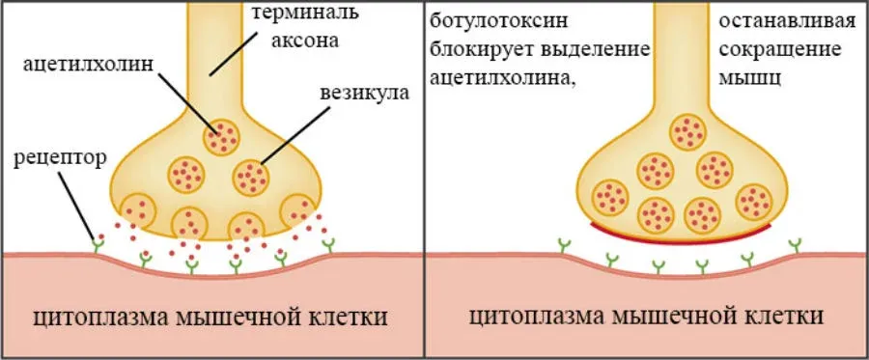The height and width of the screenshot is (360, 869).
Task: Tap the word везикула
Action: [x=364, y=92]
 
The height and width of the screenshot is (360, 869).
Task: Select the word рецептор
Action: [x=59, y=159]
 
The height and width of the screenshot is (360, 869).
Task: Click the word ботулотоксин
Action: [x=499, y=22]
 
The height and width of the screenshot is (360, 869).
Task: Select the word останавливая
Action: [x=788, y=22]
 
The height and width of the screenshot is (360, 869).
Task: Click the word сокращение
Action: [x=780, y=50]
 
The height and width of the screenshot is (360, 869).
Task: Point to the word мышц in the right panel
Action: [x=750, y=78]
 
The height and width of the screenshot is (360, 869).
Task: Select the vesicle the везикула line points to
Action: [x=251, y=178]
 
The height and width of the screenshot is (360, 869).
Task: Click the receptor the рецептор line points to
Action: [x=98, y=242]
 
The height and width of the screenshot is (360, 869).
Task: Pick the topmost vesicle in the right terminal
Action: [x=688, y=131]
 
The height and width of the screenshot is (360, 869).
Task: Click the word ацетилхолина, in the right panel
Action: [x=501, y=78]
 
